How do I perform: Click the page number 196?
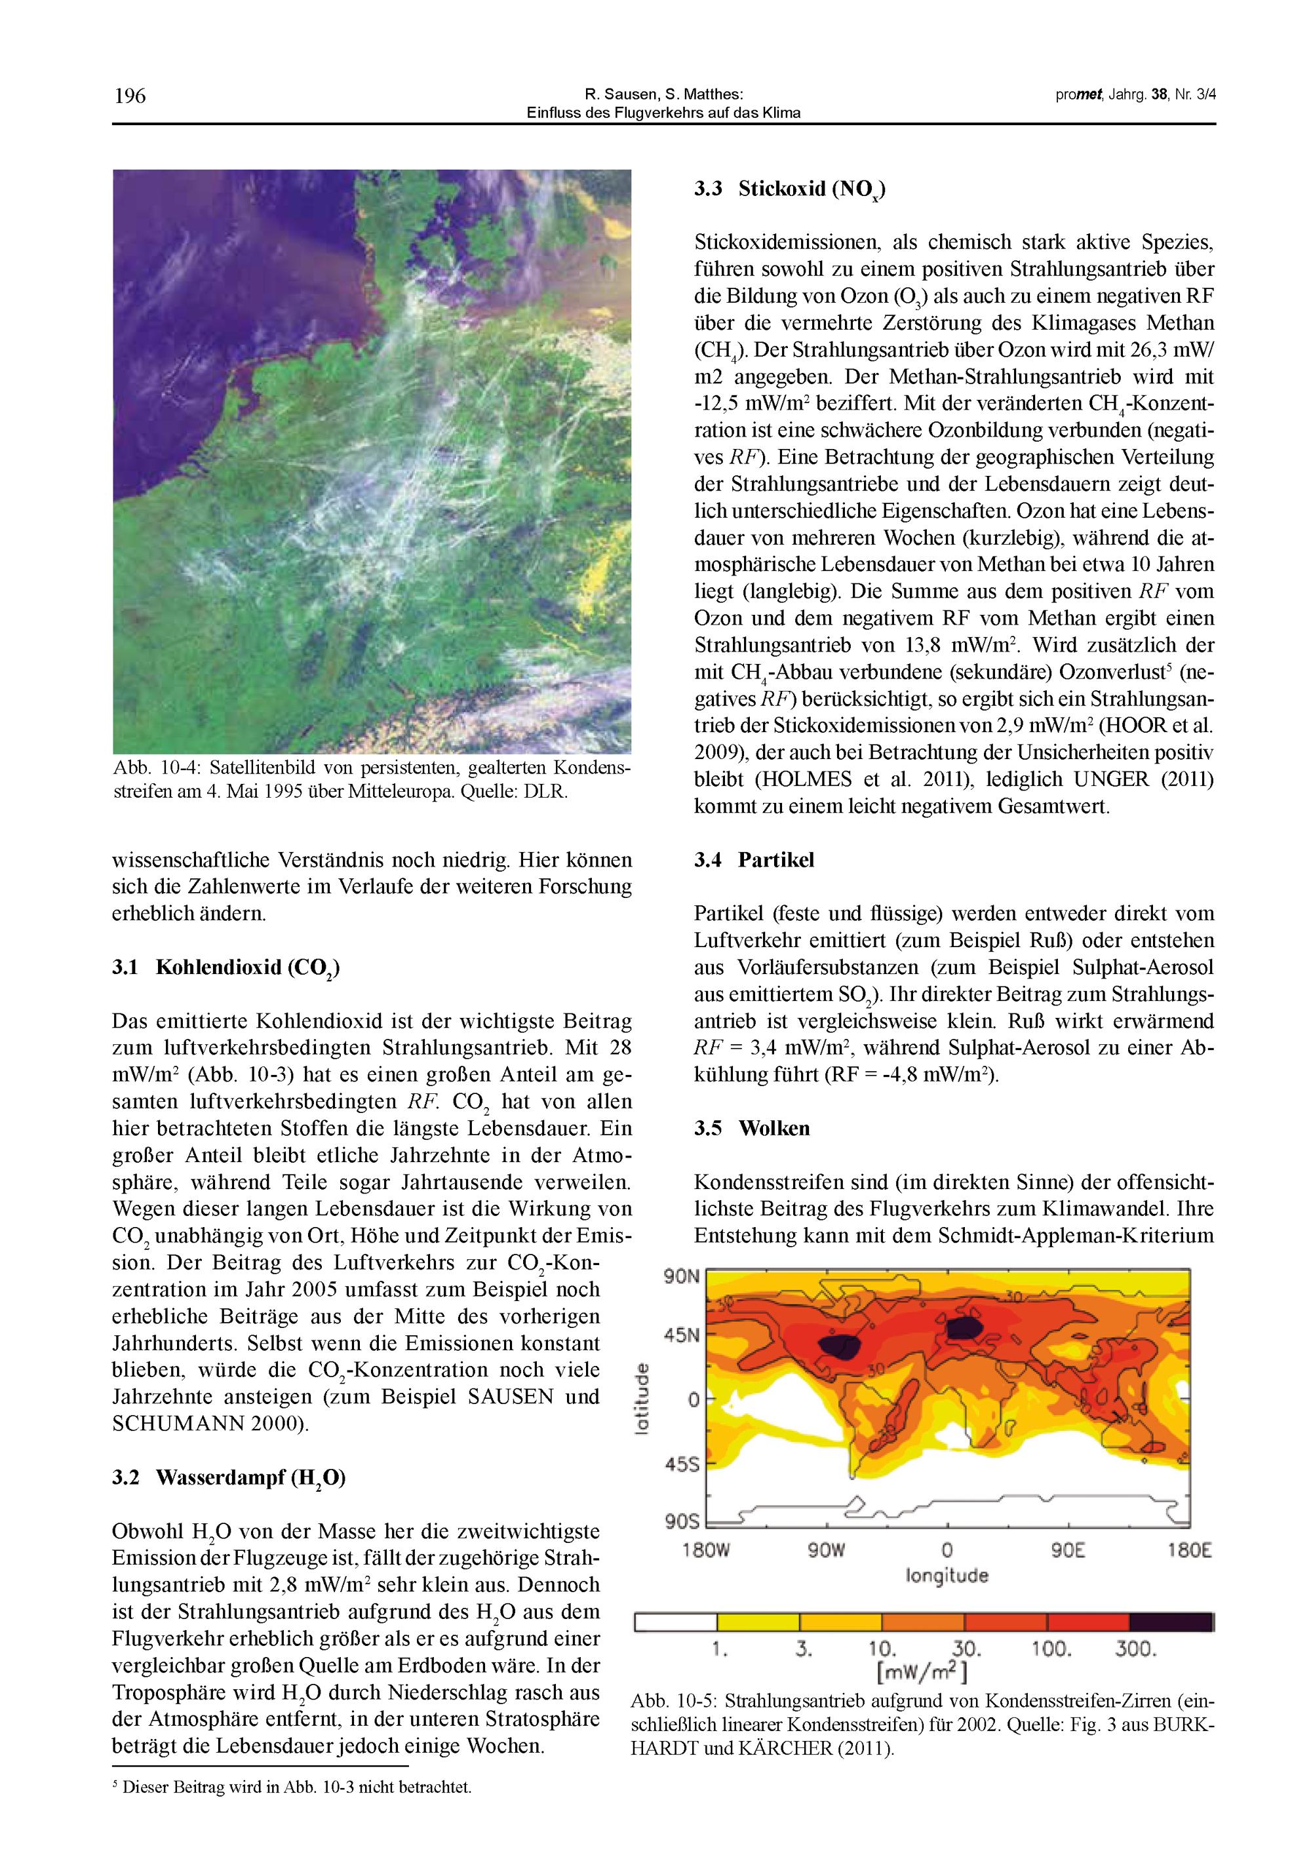pos(130,97)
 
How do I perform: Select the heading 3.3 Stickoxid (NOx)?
pos(789,189)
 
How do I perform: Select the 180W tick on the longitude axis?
pos(707,1551)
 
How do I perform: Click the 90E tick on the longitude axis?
pos(1067,1551)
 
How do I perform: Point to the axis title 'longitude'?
pos(947,1575)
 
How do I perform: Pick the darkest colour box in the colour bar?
pos(1169,1622)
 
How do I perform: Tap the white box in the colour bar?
pos(676,1622)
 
